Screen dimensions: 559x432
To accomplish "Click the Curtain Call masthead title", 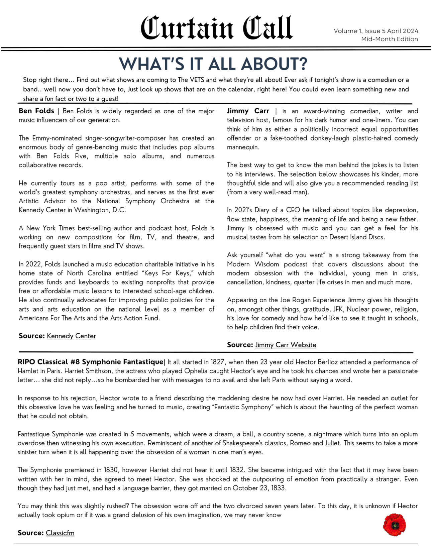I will (x=216, y=28).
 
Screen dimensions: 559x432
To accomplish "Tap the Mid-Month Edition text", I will (x=389, y=39).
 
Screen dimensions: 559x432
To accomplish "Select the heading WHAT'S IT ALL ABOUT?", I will (x=213, y=64).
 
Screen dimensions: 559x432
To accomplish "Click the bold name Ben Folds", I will (x=36, y=111).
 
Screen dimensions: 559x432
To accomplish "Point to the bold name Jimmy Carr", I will (x=248, y=111).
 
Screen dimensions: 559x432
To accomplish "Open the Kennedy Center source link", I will (x=71, y=336).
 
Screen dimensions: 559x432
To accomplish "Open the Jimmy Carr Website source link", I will (x=286, y=345).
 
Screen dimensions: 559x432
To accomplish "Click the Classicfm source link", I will (x=60, y=533).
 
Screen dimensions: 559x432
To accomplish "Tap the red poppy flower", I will (x=394, y=525).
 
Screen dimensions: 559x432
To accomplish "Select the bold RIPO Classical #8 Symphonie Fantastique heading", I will (x=90, y=362).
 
